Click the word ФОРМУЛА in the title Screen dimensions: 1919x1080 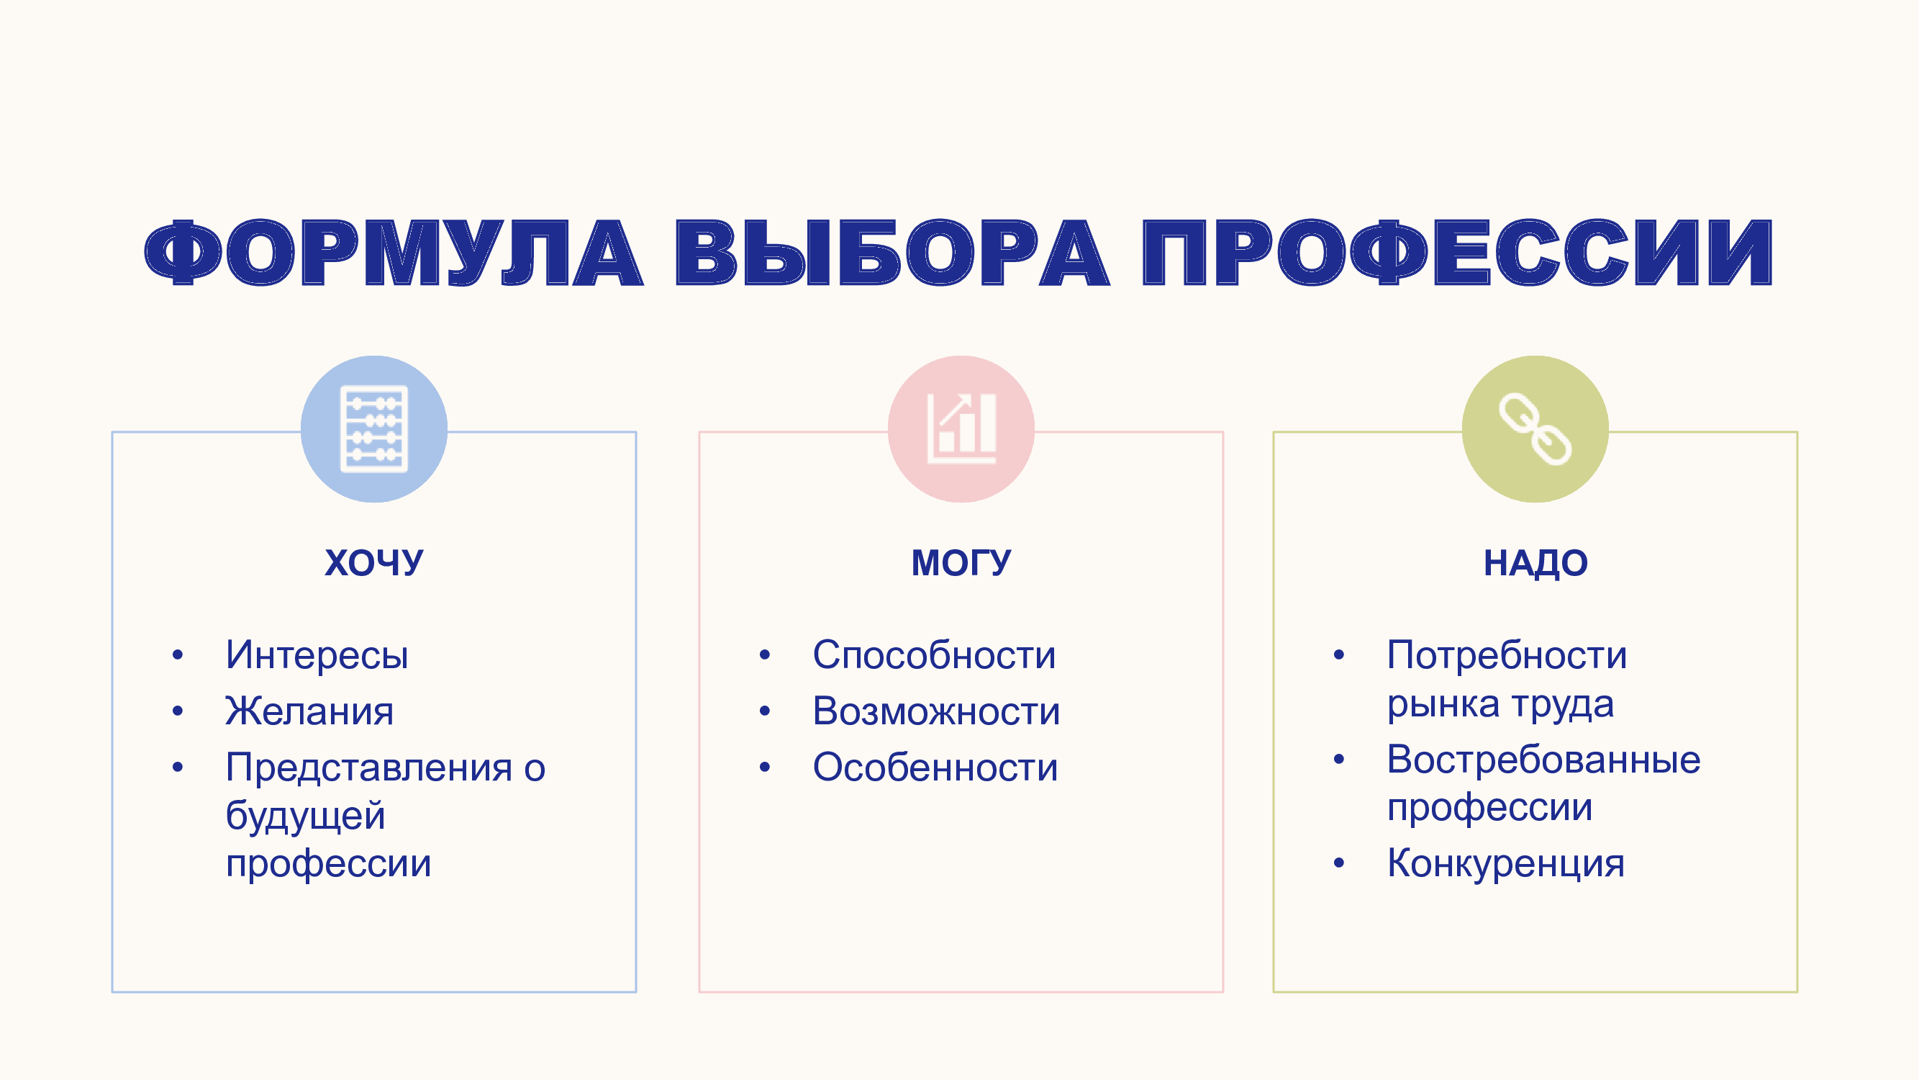394,253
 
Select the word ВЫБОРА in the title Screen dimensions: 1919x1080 892,253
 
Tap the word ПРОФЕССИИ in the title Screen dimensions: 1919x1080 1457,253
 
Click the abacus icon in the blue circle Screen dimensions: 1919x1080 374,428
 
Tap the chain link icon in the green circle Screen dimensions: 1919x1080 1535,428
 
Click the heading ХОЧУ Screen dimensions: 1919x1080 374,563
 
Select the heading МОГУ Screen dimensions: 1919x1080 962,563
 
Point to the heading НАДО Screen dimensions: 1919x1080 1535,563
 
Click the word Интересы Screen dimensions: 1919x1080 317,655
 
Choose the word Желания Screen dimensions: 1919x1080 309,711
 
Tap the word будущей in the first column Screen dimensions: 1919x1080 305,816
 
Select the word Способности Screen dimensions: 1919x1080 934,655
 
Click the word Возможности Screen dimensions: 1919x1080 936,711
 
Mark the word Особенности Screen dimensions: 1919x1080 935,767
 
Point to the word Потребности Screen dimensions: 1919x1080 1506,655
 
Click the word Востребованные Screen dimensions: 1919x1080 1543,760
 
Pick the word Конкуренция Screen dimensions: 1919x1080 1505,863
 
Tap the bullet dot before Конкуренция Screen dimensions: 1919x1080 1338,863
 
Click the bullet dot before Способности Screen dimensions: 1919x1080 764,655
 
